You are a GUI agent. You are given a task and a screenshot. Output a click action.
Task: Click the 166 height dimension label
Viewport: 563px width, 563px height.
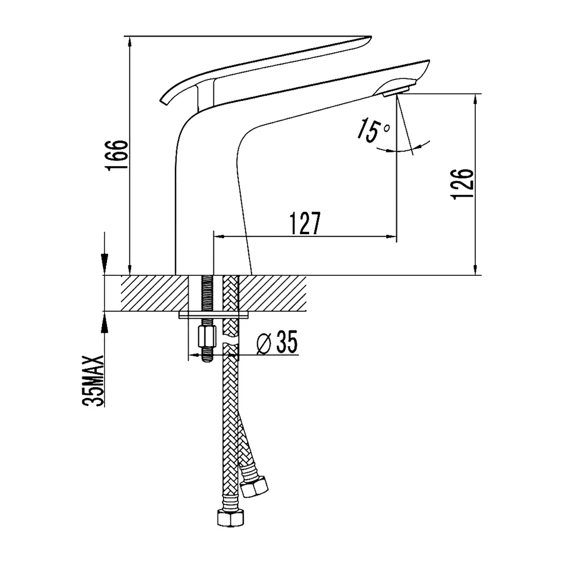point(117,155)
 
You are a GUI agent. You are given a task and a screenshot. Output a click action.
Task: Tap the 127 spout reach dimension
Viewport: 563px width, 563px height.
point(305,223)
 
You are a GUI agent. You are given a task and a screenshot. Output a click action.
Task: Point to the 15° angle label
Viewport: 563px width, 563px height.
point(373,130)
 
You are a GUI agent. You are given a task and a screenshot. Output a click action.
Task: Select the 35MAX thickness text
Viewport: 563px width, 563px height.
point(93,381)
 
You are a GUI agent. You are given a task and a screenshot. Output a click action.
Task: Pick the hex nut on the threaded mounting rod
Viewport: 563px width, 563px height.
point(207,337)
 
